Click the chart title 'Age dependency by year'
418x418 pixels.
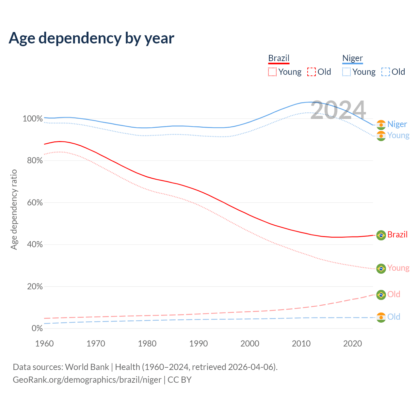(x=91, y=38)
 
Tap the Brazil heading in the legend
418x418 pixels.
(x=279, y=58)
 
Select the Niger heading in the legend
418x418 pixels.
(x=352, y=58)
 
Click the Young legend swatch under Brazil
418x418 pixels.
(x=272, y=72)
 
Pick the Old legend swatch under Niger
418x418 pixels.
(x=385, y=72)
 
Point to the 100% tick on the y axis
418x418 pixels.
(x=33, y=119)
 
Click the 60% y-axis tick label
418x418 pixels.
(x=34, y=202)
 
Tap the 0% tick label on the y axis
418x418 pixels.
(x=37, y=328)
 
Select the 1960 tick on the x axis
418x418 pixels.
(x=44, y=344)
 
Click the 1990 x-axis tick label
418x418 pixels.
(x=199, y=344)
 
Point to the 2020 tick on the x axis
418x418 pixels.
(x=353, y=344)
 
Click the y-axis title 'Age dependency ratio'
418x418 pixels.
(x=14, y=209)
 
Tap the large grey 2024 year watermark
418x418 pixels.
(x=338, y=110)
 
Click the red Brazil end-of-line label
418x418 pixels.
(x=397, y=235)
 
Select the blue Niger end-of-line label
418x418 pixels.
(x=397, y=124)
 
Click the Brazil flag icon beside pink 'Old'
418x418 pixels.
(x=381, y=295)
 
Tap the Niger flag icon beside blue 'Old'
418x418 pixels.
(x=381, y=317)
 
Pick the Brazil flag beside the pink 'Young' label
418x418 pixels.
(x=381, y=268)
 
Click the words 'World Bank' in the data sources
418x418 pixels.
(x=87, y=367)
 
